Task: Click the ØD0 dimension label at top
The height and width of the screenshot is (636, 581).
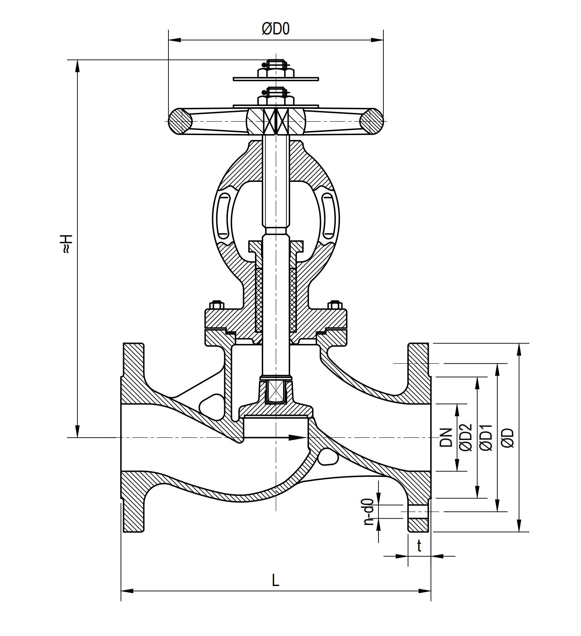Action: pyautogui.click(x=276, y=29)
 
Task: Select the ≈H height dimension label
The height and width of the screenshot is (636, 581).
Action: pyautogui.click(x=67, y=244)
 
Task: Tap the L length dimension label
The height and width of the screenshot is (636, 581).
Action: pyautogui.click(x=276, y=581)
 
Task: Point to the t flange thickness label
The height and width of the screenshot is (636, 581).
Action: pyautogui.click(x=419, y=546)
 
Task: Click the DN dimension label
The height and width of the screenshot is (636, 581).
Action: pyautogui.click(x=446, y=437)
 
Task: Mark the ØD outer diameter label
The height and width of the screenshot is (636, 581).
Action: pyautogui.click(x=508, y=437)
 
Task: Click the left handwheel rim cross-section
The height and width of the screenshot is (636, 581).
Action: pyautogui.click(x=180, y=121)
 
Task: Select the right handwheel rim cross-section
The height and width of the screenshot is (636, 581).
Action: pyautogui.click(x=371, y=121)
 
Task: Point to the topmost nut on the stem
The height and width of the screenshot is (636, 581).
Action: pyautogui.click(x=276, y=73)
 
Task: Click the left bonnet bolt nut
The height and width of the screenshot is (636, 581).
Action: pyautogui.click(x=216, y=305)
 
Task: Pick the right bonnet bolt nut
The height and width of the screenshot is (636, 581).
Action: pyautogui.click(x=335, y=305)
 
